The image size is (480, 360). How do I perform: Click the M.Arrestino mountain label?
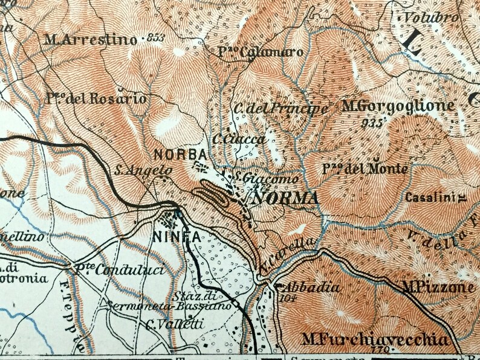[91, 40]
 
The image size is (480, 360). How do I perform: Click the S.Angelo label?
[143, 171]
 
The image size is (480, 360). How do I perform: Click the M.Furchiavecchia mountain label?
[376, 340]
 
